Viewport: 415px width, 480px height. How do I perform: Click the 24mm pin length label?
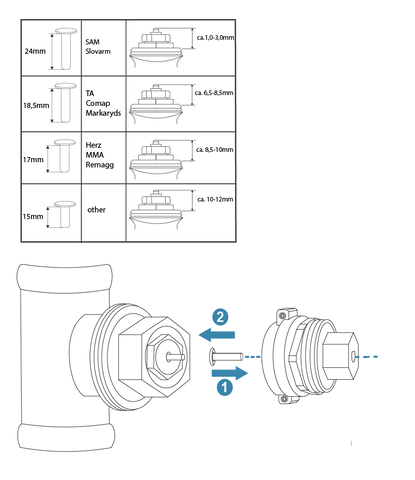35,51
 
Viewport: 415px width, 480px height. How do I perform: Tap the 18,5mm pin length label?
36,106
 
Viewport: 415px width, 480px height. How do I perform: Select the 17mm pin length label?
33,160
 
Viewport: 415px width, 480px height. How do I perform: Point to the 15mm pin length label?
33,216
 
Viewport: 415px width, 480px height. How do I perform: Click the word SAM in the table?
92,42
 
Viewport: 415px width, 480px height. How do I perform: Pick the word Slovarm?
98,51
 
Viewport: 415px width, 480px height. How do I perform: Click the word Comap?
98,103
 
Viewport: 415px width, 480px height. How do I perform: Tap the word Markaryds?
103,113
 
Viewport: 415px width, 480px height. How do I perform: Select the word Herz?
93,145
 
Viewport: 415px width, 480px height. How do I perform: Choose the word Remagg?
100,165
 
